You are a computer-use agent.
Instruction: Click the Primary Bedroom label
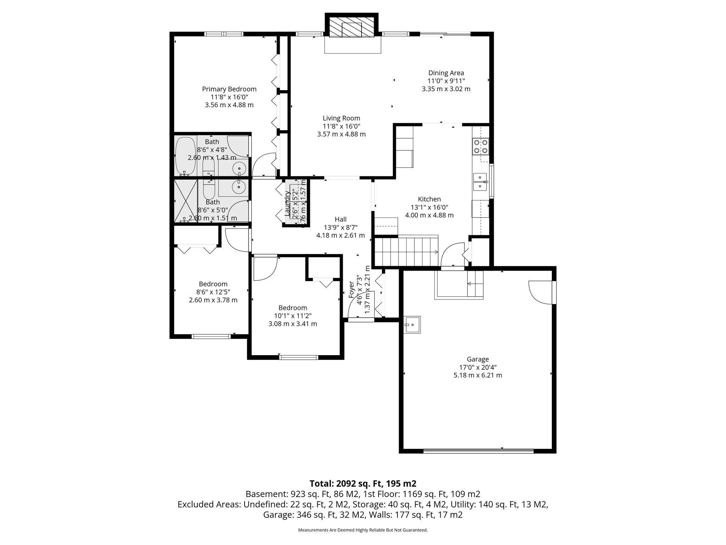pos(229,89)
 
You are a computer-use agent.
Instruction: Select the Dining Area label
pos(446,73)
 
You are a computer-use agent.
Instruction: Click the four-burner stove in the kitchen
pos(481,146)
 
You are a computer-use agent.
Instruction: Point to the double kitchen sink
pos(480,182)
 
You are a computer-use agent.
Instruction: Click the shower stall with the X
pos(186,201)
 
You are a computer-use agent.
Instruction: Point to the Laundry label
pos(287,203)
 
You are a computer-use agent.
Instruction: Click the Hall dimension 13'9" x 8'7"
pos(340,227)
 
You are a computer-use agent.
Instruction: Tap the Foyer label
pos(351,290)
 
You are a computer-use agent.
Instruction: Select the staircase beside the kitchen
pos(407,251)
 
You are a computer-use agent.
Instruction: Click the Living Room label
pos(341,118)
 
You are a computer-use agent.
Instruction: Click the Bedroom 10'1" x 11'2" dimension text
pos(292,316)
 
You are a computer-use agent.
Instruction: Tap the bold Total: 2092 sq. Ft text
pos(363,484)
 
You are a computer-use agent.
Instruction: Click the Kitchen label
pos(429,199)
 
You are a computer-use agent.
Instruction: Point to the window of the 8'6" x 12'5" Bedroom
pos(211,336)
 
